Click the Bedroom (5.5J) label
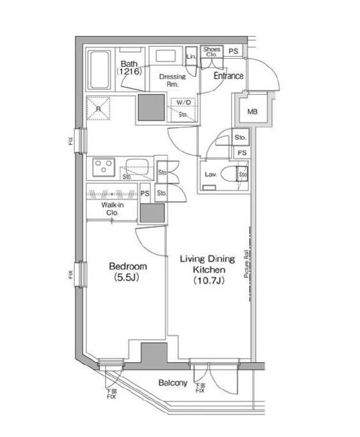pyautogui.click(x=128, y=272)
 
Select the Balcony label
pyautogui.click(x=172, y=383)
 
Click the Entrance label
pyautogui.click(x=228, y=76)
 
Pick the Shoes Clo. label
pyautogui.click(x=212, y=51)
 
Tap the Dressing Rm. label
pyautogui.click(x=172, y=80)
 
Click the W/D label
pyautogui.click(x=184, y=103)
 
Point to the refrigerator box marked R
pyautogui.click(x=99, y=108)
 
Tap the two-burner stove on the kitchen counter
pyautogui.click(x=106, y=166)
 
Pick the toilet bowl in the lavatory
pyautogui.click(x=231, y=176)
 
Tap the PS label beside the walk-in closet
pyautogui.click(x=145, y=194)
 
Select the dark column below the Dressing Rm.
pyautogui.click(x=150, y=108)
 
